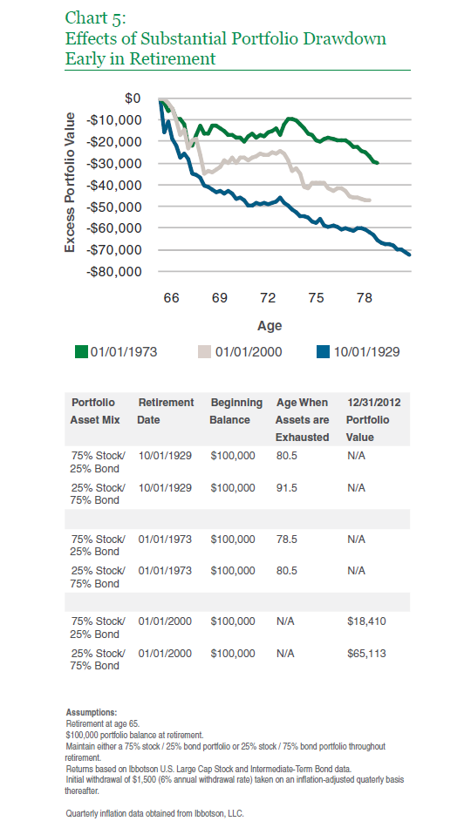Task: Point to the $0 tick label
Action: click(x=133, y=98)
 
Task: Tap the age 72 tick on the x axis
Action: click(x=268, y=298)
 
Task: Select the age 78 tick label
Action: click(x=365, y=298)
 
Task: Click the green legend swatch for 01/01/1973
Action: click(x=81, y=352)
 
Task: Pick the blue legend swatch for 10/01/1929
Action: click(x=323, y=352)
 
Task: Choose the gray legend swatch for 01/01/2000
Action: click(x=205, y=352)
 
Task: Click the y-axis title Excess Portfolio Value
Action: click(x=71, y=182)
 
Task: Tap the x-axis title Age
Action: click(x=270, y=326)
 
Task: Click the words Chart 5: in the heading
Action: click(x=96, y=18)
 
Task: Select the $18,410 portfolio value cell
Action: click(x=366, y=621)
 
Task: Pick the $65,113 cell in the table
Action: click(x=366, y=653)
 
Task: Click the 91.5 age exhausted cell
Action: click(x=286, y=487)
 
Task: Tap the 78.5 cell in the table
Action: click(x=286, y=540)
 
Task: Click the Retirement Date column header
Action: click(x=166, y=411)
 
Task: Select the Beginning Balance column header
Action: click(x=235, y=411)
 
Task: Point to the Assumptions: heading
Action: click(x=92, y=712)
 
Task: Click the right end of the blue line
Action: click(x=410, y=255)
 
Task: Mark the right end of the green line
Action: click(x=378, y=163)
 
